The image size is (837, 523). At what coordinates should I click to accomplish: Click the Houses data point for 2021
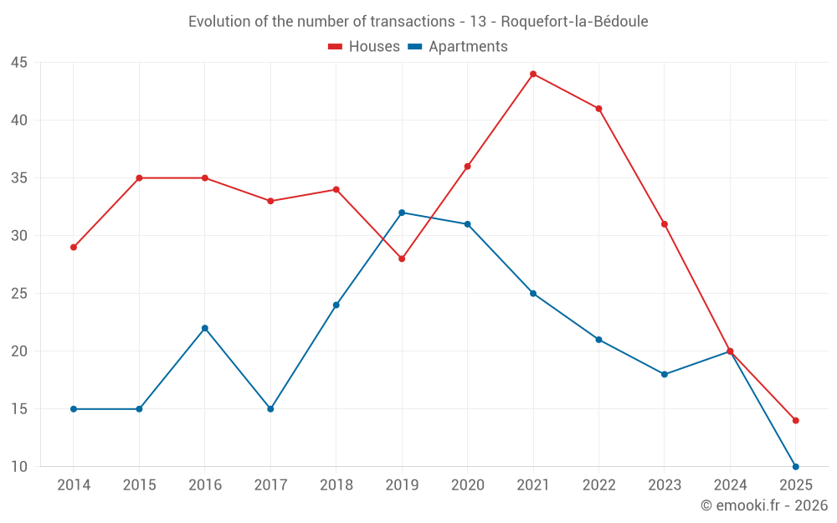coord(533,74)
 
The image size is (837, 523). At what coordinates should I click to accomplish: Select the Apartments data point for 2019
coord(402,213)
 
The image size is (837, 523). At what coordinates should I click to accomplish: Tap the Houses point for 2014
coord(74,248)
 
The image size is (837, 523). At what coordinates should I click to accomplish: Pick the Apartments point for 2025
coord(795,466)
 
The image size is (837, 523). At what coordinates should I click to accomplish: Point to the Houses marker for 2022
coord(598,109)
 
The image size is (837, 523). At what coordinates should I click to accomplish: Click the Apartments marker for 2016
coord(205,328)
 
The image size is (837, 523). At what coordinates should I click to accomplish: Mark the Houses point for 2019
coord(402,259)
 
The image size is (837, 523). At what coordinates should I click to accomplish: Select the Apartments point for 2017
coord(270,409)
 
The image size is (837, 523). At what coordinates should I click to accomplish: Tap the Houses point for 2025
coord(795,420)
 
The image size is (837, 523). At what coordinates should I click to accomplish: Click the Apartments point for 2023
coord(665,374)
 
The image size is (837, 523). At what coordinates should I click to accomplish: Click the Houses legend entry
coord(364,47)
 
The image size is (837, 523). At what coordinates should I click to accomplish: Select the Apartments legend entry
coord(458,47)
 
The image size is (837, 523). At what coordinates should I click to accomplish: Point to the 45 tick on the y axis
coord(19,63)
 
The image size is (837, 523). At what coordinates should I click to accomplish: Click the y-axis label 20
coord(19,351)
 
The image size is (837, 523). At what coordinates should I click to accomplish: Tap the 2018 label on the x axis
coord(336,485)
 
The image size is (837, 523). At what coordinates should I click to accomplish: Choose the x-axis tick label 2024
coord(730,485)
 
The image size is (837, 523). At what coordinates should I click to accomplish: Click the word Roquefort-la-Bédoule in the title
coord(574,22)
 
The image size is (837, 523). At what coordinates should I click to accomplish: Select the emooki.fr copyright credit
coord(764,505)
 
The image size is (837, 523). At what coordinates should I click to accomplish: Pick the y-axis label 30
coord(19,236)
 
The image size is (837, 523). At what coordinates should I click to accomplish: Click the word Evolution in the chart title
coord(220,22)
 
